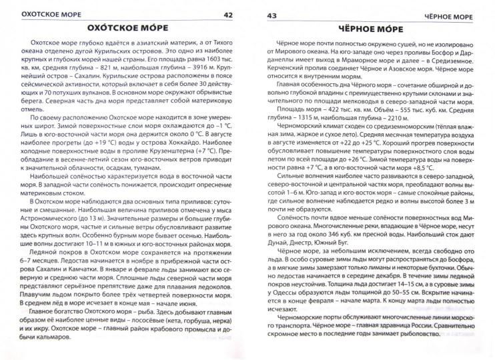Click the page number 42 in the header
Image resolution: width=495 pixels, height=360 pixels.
tap(227, 13)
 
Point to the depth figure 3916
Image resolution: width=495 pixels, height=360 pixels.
tap(202, 79)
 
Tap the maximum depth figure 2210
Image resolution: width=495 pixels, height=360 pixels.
tap(365, 135)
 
